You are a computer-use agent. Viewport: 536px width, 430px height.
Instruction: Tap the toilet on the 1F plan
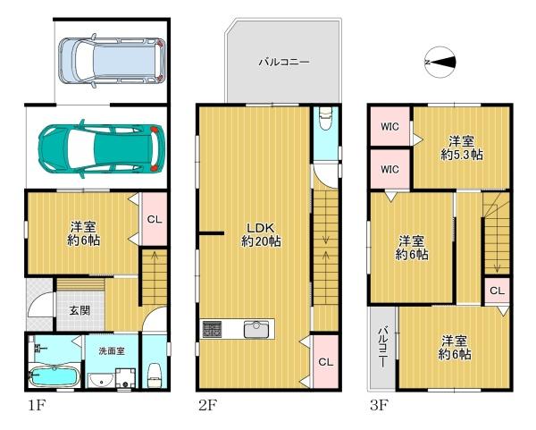click(x=154, y=373)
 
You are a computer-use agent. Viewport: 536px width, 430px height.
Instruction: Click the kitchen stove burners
click(x=214, y=329)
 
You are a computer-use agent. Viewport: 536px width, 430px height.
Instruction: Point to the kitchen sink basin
click(x=258, y=329)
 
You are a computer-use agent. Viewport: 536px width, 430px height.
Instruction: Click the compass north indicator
click(x=441, y=62)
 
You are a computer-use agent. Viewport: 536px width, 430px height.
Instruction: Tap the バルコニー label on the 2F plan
click(x=283, y=63)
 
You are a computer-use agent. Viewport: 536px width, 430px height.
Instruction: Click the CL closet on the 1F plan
click(x=153, y=220)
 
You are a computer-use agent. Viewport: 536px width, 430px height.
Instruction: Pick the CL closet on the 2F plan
click(x=325, y=362)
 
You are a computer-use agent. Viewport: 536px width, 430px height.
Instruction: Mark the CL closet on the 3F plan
click(x=497, y=291)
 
